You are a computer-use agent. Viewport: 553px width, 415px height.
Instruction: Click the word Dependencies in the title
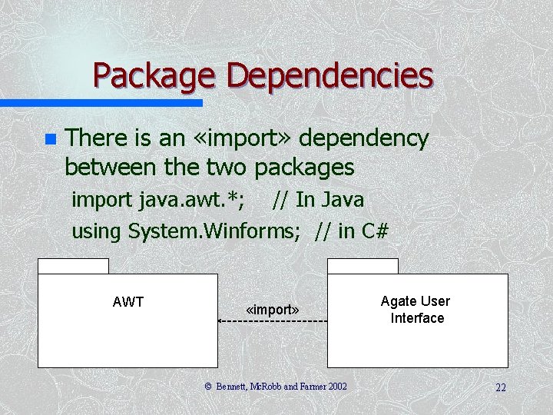(330, 75)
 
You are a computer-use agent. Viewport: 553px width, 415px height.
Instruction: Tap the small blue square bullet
(50, 140)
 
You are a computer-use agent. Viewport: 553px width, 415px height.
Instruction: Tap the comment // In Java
(318, 200)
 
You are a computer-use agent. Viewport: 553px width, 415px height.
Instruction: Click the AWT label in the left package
(128, 302)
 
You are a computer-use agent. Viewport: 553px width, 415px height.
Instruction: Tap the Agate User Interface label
(416, 310)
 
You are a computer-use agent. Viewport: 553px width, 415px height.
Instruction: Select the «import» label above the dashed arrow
(273, 310)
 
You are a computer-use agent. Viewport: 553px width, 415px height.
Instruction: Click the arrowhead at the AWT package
(221, 320)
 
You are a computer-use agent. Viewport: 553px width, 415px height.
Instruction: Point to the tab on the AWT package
(73, 266)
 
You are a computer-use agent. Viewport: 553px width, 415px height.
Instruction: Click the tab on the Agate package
(363, 266)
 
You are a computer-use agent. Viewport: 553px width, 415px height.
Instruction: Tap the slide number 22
(500, 387)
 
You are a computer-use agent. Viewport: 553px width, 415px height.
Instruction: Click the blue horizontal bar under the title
(100, 102)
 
